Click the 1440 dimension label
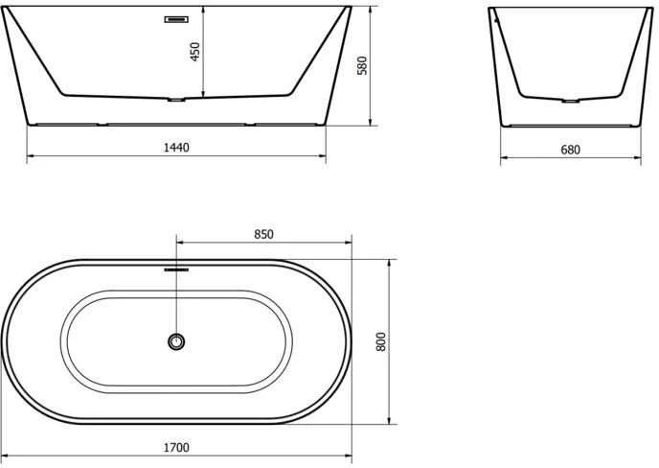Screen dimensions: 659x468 point(176,148)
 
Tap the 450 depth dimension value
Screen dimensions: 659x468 point(195,52)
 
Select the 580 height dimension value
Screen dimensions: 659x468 point(362,65)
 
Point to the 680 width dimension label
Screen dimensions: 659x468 point(570,150)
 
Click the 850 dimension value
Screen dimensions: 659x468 point(263,234)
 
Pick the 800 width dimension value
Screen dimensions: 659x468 point(380,341)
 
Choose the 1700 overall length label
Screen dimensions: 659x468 point(176,447)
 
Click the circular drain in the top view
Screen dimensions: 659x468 point(176,341)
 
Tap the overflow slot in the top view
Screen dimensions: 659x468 point(176,269)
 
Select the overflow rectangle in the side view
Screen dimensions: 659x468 point(176,19)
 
